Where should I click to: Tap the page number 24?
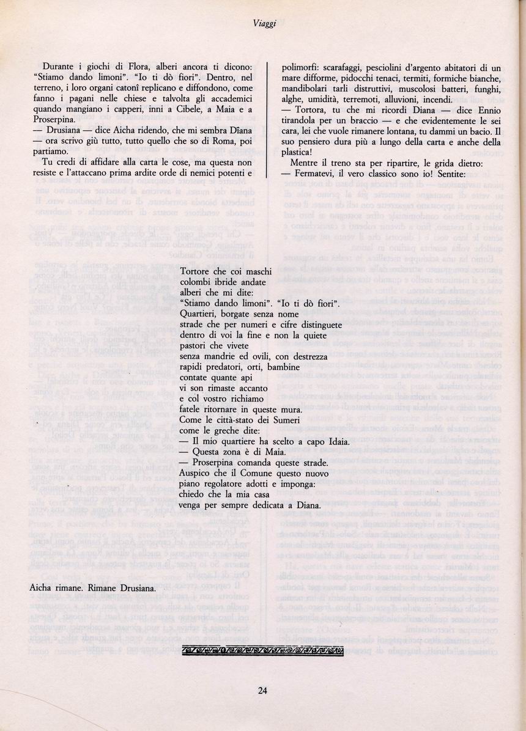263,691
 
